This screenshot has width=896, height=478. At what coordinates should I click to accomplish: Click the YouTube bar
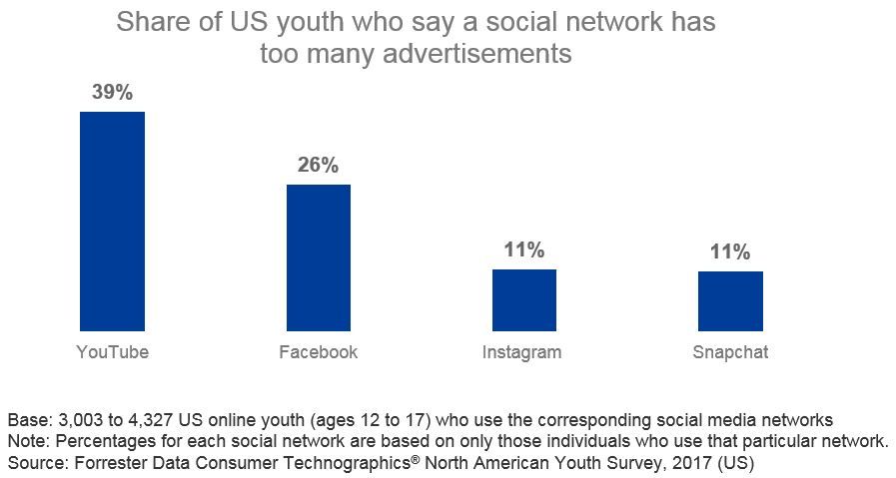pyautogui.click(x=112, y=221)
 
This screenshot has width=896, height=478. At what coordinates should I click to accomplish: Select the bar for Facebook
pyautogui.click(x=318, y=257)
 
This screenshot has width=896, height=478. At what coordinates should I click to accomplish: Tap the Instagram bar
pyautogui.click(x=523, y=299)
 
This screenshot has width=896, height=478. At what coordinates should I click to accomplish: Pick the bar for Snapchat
pyautogui.click(x=730, y=300)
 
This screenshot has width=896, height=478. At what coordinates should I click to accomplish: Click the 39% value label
pyautogui.click(x=112, y=92)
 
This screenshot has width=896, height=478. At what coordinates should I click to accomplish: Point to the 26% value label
pyautogui.click(x=318, y=165)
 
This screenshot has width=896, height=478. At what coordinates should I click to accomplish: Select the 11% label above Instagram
pyautogui.click(x=523, y=249)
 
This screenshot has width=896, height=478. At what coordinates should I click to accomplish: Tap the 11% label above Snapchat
pyautogui.click(x=730, y=251)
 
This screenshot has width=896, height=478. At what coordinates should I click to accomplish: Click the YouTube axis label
pyautogui.click(x=112, y=352)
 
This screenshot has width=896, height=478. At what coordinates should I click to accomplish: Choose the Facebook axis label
pyautogui.click(x=318, y=352)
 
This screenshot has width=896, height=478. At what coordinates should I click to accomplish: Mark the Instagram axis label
pyautogui.click(x=521, y=352)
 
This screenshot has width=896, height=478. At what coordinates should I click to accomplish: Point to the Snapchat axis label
pyautogui.click(x=730, y=352)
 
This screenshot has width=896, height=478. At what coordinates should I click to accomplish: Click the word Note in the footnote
pyautogui.click(x=25, y=440)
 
